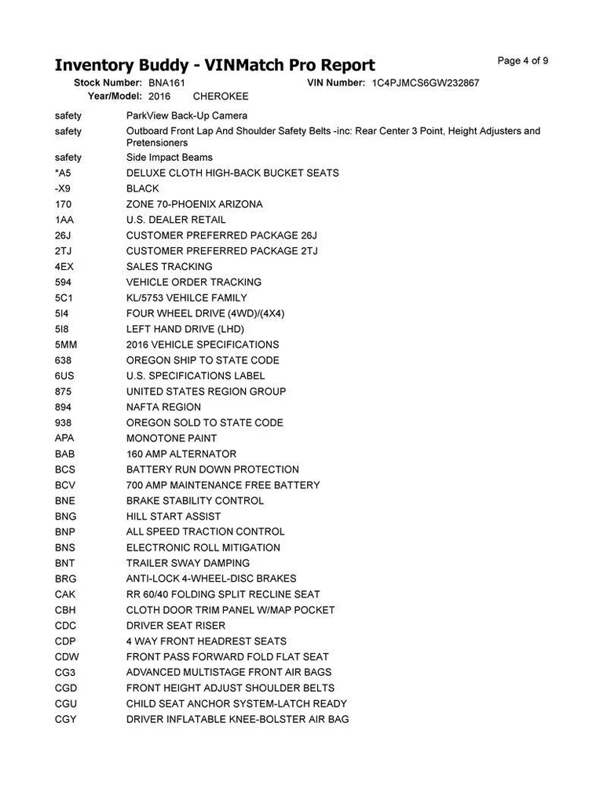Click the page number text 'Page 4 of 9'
pyautogui.click(x=523, y=61)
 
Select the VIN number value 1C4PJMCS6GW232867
pyautogui.click(x=426, y=82)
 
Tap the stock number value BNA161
pyautogui.click(x=166, y=82)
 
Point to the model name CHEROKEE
pyautogui.click(x=221, y=97)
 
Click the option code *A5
pyautogui.click(x=63, y=173)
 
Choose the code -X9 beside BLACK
pyautogui.click(x=63, y=188)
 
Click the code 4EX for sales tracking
pyautogui.click(x=64, y=267)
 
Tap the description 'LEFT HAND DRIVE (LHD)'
pyautogui.click(x=185, y=329)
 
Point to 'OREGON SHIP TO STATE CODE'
pyautogui.click(x=203, y=360)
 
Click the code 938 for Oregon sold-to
pyautogui.click(x=64, y=423)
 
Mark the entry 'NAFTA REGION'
pyautogui.click(x=163, y=407)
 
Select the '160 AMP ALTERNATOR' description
pyautogui.click(x=181, y=454)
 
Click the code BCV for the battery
pyautogui.click(x=65, y=485)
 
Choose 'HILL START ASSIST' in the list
pyautogui.click(x=174, y=517)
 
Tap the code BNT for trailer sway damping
pyautogui.click(x=65, y=563)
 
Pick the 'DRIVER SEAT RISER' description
pyautogui.click(x=176, y=626)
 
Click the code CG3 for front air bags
pyautogui.click(x=65, y=672)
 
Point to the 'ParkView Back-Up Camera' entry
pyautogui.click(x=187, y=115)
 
